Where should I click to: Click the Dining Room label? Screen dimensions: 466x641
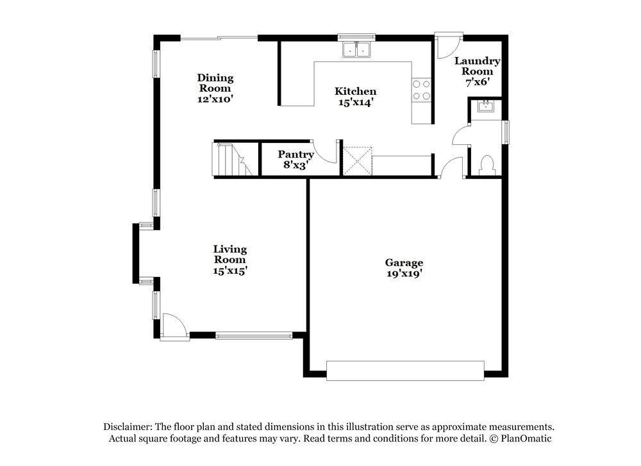click(215, 88)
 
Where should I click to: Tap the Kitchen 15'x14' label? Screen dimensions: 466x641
click(356, 96)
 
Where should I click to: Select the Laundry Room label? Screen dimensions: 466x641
click(478, 71)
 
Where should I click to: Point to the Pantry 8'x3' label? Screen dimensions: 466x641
click(296, 159)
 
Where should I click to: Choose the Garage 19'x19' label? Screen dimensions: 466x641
click(404, 267)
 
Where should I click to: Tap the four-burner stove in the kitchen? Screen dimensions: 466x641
click(421, 90)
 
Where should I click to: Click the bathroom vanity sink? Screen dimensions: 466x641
click(485, 108)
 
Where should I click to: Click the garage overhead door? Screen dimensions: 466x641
click(405, 370)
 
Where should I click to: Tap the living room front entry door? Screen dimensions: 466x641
click(174, 325)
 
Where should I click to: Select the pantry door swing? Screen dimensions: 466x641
click(326, 152)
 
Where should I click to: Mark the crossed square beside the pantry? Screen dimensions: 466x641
click(358, 160)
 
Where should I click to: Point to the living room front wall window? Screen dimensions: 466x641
click(254, 335)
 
